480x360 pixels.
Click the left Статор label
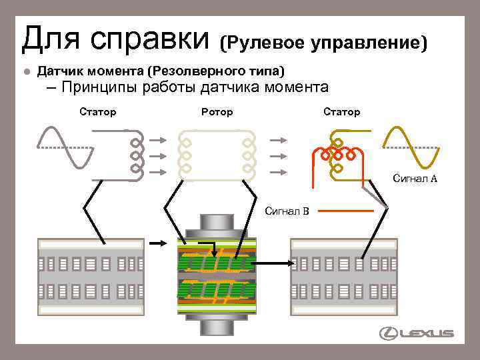click(97, 112)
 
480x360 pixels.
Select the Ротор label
click(217, 112)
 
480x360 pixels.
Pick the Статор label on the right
click(341, 112)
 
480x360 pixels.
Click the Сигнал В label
click(287, 212)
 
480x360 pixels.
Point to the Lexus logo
click(417, 333)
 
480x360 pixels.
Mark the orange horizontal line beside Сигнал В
click(344, 211)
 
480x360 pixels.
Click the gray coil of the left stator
click(136, 155)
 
